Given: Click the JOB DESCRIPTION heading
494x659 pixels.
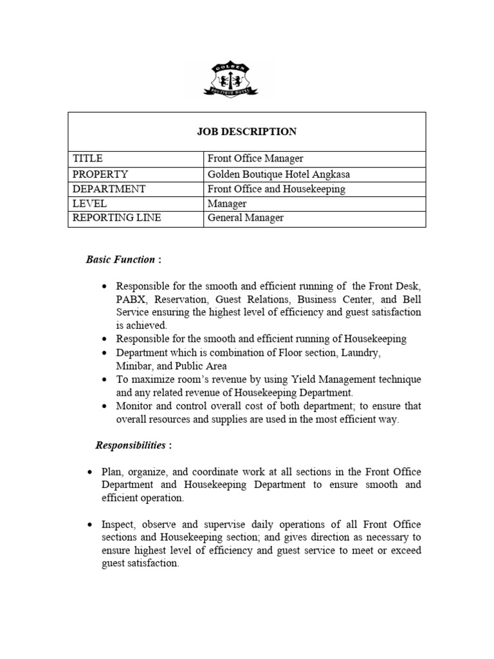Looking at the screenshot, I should pyautogui.click(x=247, y=131).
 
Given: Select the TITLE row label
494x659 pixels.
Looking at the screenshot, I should pyautogui.click(x=88, y=158).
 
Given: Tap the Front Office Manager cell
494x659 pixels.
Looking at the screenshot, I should pyautogui.click(x=255, y=158).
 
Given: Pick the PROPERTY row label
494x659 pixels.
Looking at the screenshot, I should pyautogui.click(x=100, y=174).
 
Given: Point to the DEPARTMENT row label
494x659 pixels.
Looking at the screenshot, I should pyautogui.click(x=109, y=189).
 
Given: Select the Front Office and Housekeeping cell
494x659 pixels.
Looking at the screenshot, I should pyautogui.click(x=276, y=189).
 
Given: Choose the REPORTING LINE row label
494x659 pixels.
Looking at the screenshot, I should pyautogui.click(x=116, y=218).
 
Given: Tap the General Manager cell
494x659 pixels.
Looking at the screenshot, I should pyautogui.click(x=245, y=218).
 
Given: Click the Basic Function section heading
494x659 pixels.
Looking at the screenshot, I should pyautogui.click(x=121, y=259).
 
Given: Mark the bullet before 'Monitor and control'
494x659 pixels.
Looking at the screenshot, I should pyautogui.click(x=104, y=407).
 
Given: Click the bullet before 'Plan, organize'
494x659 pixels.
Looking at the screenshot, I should pyautogui.click(x=90, y=472).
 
